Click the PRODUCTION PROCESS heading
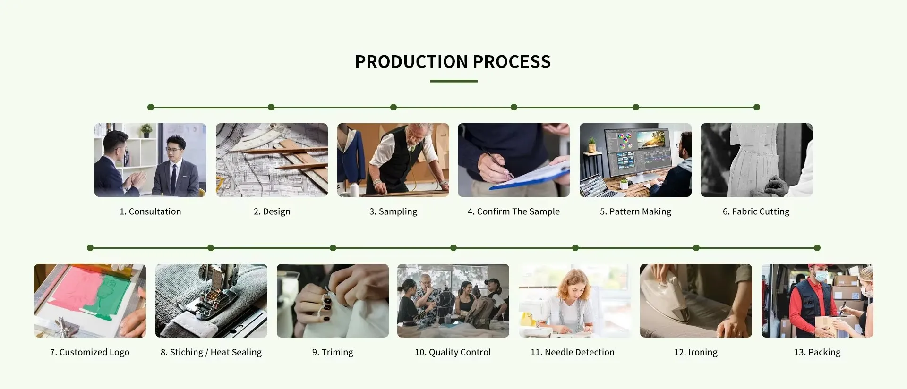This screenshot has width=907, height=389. [453, 62]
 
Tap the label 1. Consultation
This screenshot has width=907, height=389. [150, 211]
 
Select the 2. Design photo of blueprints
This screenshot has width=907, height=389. [272, 160]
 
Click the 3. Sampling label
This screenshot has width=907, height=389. [394, 211]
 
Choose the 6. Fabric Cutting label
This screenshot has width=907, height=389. [756, 211]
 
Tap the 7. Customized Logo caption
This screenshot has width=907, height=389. [90, 352]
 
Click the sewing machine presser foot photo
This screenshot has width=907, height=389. [211, 301]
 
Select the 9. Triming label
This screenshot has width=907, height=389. [333, 352]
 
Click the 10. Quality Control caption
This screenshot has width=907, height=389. [453, 352]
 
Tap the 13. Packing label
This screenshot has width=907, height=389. [817, 352]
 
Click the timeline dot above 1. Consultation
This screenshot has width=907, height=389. [151, 107]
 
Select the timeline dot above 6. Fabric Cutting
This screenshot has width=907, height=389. [757, 107]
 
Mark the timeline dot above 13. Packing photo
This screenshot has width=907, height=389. [817, 248]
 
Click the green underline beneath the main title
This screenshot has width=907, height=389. [453, 81]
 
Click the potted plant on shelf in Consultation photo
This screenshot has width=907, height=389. [146, 130]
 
